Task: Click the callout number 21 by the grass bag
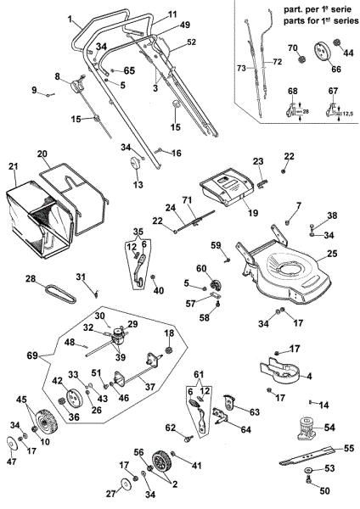[13, 165]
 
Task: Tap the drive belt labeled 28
[60, 288]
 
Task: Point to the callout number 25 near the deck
[332, 253]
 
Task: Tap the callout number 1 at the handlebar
[69, 19]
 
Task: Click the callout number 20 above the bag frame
[42, 154]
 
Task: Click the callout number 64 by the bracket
[246, 430]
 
